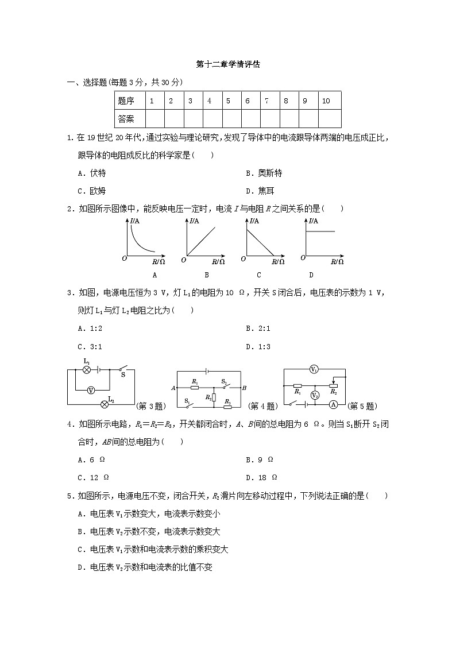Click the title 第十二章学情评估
[227, 65]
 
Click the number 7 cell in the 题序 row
[266, 101]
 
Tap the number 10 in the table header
[326, 101]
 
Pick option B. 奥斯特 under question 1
[263, 173]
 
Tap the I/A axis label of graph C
[253, 221]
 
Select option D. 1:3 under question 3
[258, 346]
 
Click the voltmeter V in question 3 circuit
[91, 389]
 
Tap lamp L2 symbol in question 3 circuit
[105, 404]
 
